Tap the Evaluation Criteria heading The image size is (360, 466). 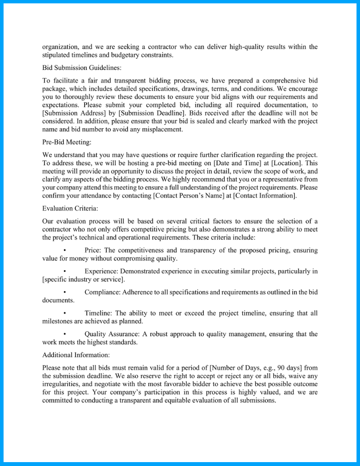(x=70, y=208)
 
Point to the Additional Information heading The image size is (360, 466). (x=76, y=355)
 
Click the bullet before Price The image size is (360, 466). (x=64, y=250)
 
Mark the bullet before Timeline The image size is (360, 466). (x=64, y=313)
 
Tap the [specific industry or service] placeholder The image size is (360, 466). (x=77, y=279)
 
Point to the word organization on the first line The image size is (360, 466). (x=60, y=47)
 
